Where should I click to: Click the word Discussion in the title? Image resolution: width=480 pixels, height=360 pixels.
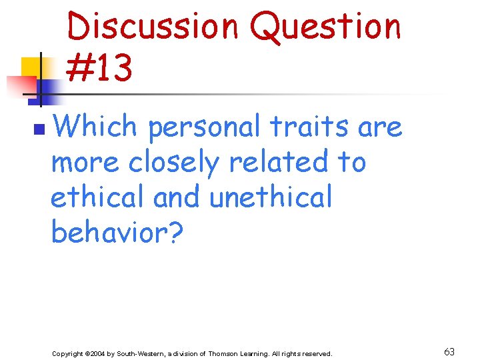pos(153,27)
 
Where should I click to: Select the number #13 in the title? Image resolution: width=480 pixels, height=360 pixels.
pos(99,69)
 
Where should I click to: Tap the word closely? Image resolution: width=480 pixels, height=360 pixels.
pos(173,162)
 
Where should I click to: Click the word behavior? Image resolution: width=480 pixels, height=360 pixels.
pos(116,232)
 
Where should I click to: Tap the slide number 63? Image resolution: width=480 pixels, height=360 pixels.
pos(449,352)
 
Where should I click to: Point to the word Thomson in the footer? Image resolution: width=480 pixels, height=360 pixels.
pos(226,353)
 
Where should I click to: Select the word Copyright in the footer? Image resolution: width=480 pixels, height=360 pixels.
pos(67,353)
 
